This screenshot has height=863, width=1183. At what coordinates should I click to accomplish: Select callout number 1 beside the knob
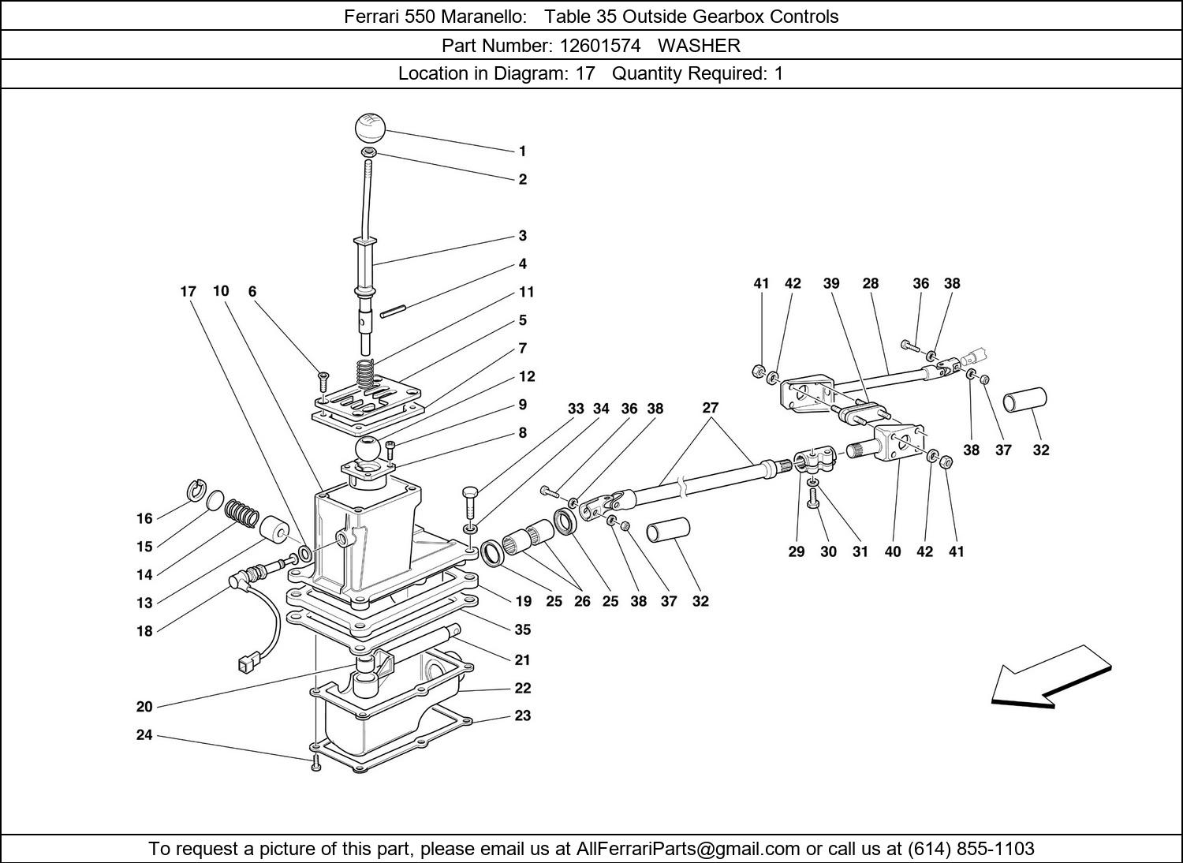pyautogui.click(x=522, y=151)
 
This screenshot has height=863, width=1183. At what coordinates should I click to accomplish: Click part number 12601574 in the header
pyautogui.click(x=599, y=46)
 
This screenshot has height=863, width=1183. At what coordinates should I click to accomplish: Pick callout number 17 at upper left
pyautogui.click(x=188, y=292)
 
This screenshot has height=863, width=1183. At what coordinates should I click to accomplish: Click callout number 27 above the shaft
pyautogui.click(x=710, y=409)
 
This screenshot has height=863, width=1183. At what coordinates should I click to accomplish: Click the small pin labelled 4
pyautogui.click(x=392, y=313)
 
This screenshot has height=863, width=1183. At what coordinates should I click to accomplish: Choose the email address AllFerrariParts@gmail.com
pyautogui.click(x=688, y=849)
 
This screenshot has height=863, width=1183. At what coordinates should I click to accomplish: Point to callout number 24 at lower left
pyautogui.click(x=144, y=735)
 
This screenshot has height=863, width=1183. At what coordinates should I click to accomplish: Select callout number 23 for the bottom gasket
pyautogui.click(x=522, y=716)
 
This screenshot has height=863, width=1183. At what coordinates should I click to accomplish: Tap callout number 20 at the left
pyautogui.click(x=144, y=707)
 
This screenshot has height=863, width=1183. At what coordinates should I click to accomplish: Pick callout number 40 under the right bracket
pyautogui.click(x=892, y=552)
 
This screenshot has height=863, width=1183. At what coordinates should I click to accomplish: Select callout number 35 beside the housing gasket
pyautogui.click(x=522, y=630)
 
